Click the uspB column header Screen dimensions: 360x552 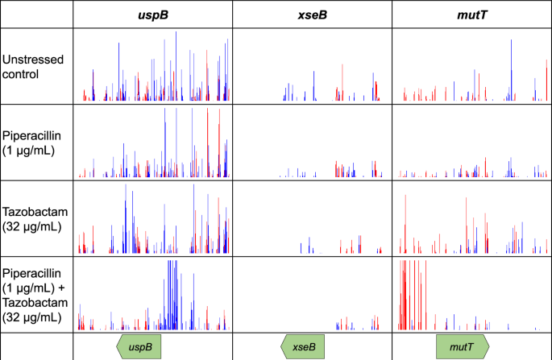(152, 14)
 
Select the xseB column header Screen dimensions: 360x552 (312, 14)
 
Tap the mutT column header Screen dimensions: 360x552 (471, 14)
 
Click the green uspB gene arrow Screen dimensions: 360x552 (140, 346)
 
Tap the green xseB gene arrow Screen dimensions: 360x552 (303, 346)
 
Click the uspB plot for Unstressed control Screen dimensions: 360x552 (152, 68)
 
